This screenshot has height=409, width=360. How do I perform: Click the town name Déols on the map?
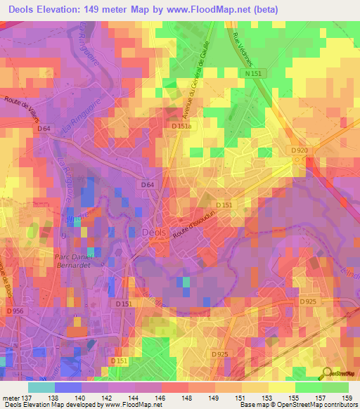155,233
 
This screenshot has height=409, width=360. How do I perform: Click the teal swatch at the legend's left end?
41,387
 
